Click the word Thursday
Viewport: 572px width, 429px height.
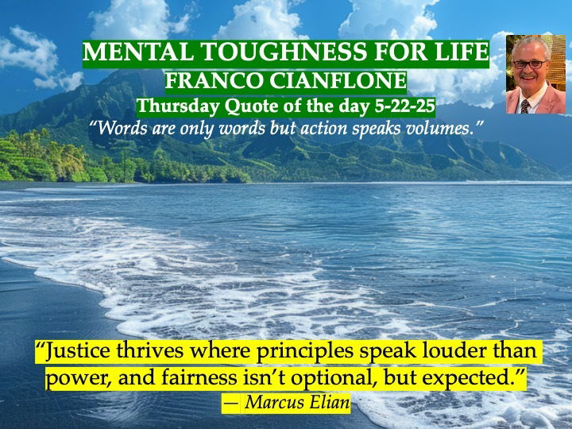(179, 106)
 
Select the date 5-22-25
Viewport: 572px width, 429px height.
(405, 106)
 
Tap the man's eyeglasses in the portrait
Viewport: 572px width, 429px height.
(529, 64)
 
